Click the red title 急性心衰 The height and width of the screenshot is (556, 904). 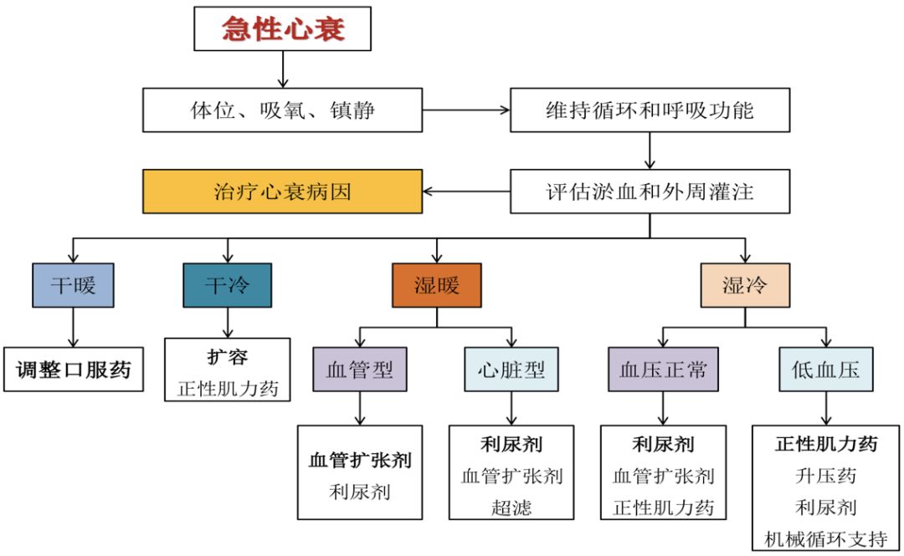[282, 31]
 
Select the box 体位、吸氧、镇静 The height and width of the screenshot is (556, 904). [282, 110]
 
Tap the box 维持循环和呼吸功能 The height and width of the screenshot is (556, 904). [650, 110]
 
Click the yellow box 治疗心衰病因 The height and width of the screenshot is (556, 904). [282, 191]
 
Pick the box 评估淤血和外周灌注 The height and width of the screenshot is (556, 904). [650, 191]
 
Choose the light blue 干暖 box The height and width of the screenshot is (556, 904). [73, 286]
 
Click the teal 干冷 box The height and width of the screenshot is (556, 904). [227, 286]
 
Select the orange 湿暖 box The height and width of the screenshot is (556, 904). [436, 286]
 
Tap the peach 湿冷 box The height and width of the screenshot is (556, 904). [744, 286]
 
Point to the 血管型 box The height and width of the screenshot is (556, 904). [360, 370]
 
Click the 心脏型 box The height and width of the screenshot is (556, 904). [511, 370]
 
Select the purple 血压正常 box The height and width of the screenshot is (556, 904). [663, 370]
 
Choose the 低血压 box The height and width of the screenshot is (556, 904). [825, 370]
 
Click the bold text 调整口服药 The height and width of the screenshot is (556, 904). [73, 369]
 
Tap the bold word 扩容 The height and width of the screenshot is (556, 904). [227, 357]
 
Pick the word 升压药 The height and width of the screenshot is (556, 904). [825, 476]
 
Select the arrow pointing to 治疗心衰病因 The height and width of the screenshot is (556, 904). [465, 191]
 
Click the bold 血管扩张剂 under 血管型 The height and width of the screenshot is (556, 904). [360, 460]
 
